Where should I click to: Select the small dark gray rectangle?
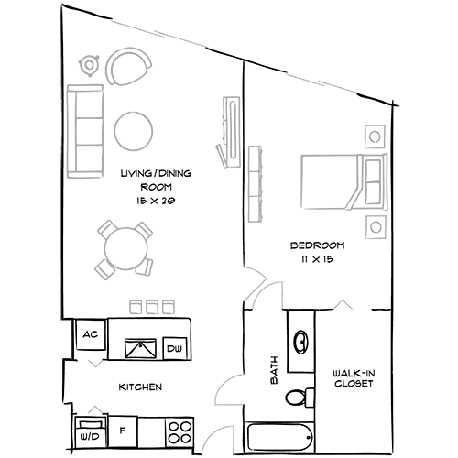[x=259, y=313]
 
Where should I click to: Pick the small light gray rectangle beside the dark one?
[x=275, y=311]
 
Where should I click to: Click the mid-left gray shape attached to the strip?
[x=137, y=261]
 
